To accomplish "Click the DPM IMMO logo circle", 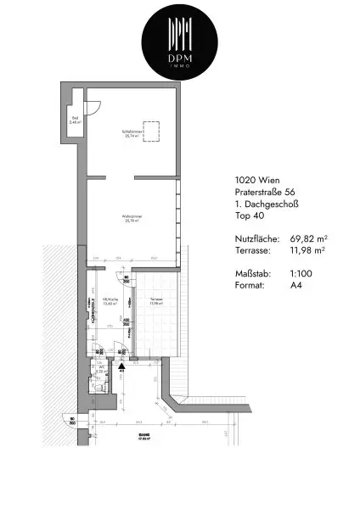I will tap(179, 38).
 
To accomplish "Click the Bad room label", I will tap(74, 120).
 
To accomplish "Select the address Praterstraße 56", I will tap(264, 193).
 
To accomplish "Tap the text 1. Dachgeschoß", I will tap(264, 205).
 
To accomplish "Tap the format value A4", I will tap(295, 287).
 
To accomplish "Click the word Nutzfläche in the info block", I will tap(256, 240).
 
